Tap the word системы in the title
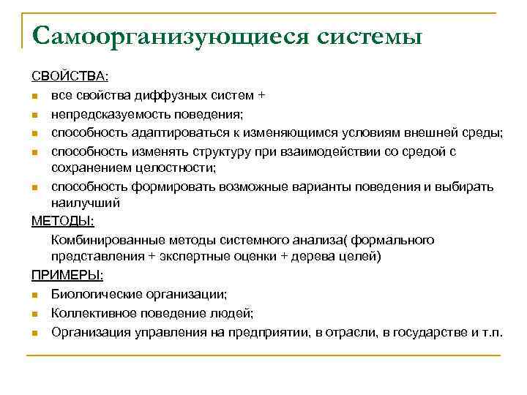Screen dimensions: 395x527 pos(370,36)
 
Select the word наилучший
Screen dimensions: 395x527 pos(85,203)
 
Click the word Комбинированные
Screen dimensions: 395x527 pos(102,239)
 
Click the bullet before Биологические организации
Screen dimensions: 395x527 pos(35,294)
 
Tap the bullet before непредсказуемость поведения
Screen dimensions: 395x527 pos(35,115)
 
